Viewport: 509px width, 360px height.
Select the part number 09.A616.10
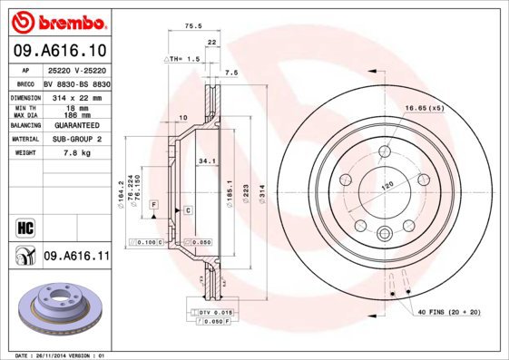click(x=61, y=53)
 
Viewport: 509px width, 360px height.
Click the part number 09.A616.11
click(x=77, y=258)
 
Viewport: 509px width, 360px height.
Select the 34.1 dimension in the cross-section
click(x=207, y=162)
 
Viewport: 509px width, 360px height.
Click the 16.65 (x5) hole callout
click(x=425, y=107)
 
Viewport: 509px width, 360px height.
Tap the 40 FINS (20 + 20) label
click(x=448, y=313)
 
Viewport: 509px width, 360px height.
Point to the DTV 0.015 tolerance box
click(x=210, y=312)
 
